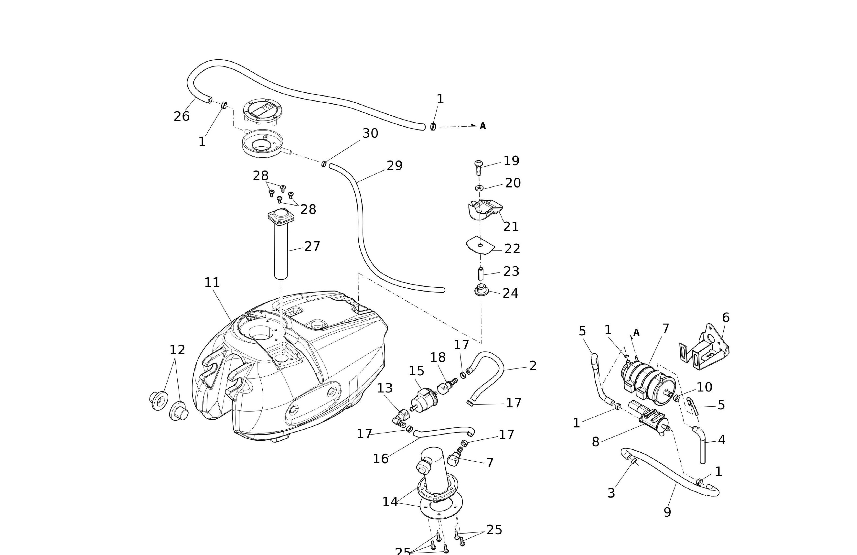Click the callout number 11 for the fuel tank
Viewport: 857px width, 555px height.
click(212, 283)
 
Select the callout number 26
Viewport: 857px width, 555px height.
click(182, 116)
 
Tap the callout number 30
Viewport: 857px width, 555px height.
click(370, 134)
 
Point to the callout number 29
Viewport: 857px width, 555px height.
click(394, 166)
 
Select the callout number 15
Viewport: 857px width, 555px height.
click(416, 371)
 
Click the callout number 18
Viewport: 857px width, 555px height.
click(438, 358)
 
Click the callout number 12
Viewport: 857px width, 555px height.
click(177, 350)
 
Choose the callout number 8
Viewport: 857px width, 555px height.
click(596, 442)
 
